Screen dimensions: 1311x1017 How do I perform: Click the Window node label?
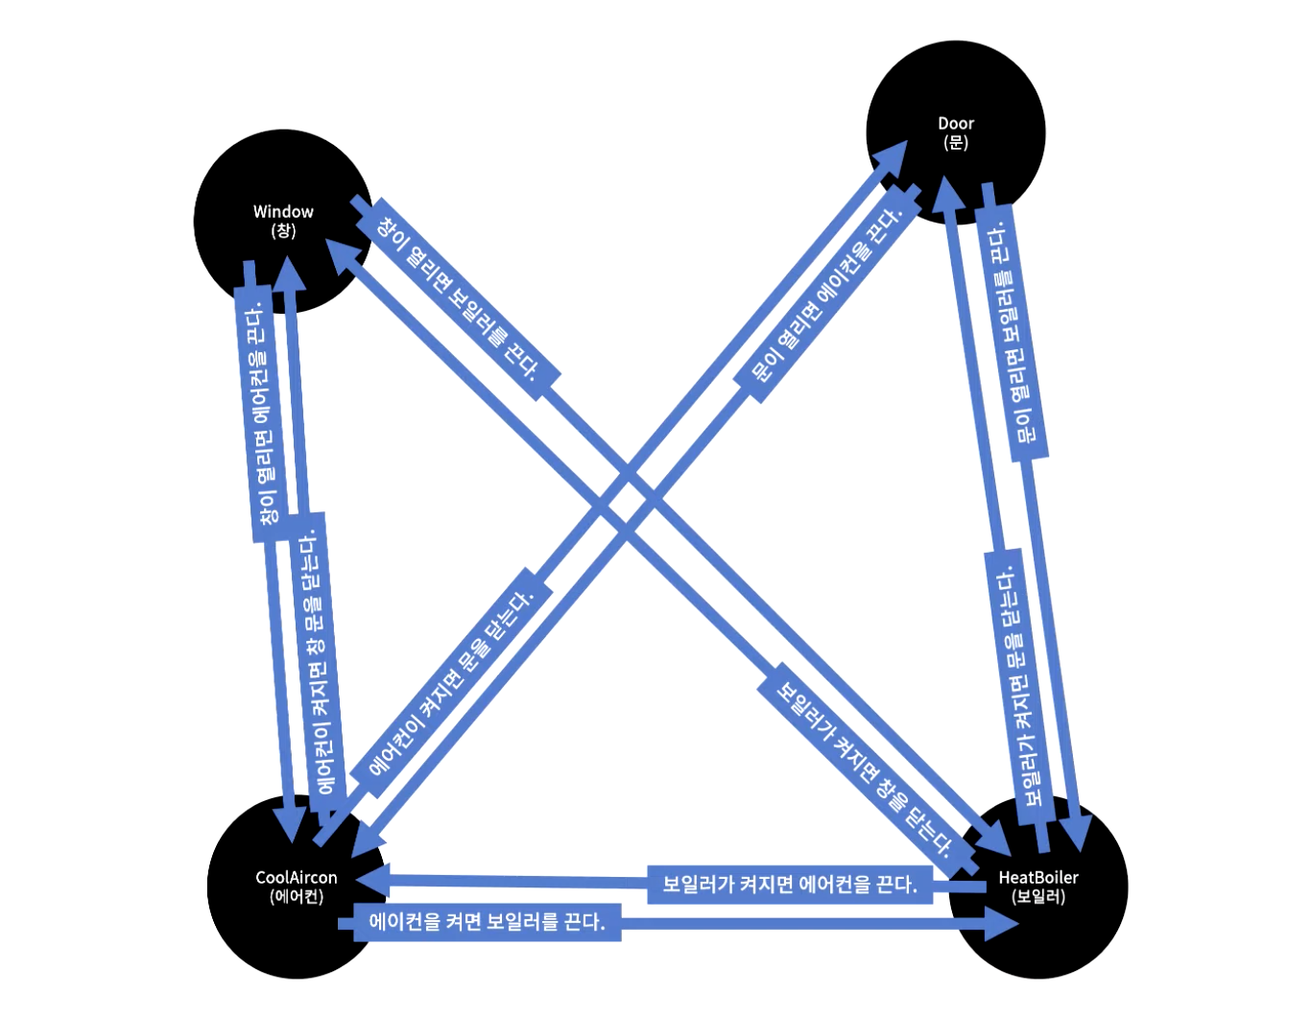click(x=283, y=212)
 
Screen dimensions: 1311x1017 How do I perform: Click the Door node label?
click(x=956, y=124)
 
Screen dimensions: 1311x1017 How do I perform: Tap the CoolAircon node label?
click(x=297, y=878)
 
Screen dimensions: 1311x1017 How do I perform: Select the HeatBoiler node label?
click(x=1038, y=878)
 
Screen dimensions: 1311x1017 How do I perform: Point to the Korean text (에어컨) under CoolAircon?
click(x=297, y=897)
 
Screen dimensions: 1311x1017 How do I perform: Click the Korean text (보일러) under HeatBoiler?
click(x=1038, y=897)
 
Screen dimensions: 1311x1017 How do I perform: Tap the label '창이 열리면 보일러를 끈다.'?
click(x=455, y=297)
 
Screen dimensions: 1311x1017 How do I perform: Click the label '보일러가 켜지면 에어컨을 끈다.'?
click(x=789, y=884)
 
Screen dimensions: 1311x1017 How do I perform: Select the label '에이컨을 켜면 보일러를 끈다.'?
click(x=487, y=923)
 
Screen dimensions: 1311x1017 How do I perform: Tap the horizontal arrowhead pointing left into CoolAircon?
click(x=369, y=878)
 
